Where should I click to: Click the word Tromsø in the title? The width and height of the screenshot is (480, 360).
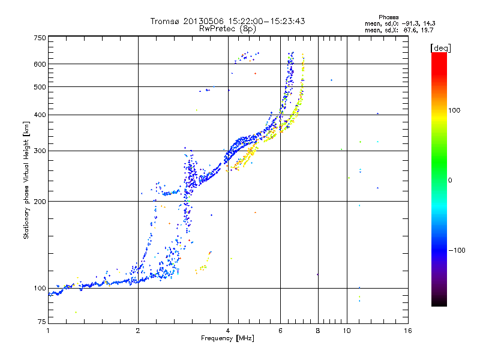click(165, 21)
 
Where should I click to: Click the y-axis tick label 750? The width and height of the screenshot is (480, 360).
click(40, 38)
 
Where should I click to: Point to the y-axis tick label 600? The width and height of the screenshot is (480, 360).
click(40, 64)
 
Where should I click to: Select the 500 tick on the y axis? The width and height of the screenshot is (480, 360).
click(40, 87)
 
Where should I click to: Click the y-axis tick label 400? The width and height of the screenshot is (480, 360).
click(40, 115)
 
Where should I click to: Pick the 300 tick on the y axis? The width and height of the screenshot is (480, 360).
click(40, 151)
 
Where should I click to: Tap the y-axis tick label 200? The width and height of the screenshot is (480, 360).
click(40, 202)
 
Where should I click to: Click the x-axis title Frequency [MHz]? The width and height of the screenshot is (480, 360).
click(227, 338)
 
